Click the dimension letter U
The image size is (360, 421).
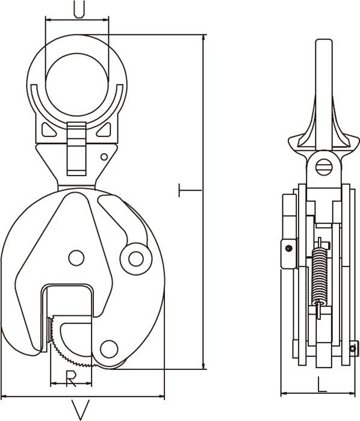point(79,9)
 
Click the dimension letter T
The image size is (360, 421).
point(190,191)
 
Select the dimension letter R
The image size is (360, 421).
point(70,378)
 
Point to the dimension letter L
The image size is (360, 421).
point(322,384)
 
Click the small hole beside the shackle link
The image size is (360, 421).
point(104,157)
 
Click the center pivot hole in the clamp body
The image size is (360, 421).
point(76,258)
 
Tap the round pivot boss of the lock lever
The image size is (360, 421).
point(136,259)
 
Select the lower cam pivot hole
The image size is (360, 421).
point(109,349)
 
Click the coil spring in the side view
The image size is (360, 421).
point(320,277)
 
